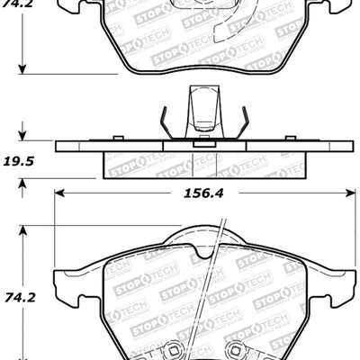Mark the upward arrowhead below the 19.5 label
tap(23, 184)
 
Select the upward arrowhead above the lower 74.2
tap(23, 228)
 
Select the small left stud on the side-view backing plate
tap(117, 137)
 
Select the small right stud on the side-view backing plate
tap(290, 137)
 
